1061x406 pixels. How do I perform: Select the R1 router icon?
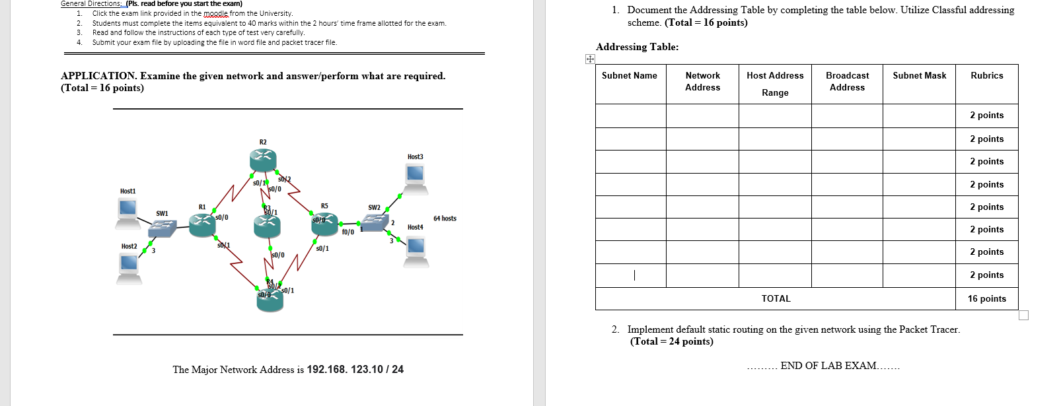point(202,225)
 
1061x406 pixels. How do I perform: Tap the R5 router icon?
point(325,224)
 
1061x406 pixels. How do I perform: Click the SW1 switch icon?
point(162,228)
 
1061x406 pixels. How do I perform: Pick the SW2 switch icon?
point(374,222)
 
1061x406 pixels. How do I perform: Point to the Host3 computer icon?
point(415,176)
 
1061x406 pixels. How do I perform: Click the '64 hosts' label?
point(445,219)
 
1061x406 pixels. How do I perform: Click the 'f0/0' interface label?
point(348,232)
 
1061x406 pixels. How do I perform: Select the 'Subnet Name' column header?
point(629,76)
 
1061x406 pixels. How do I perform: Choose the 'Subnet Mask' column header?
point(919,76)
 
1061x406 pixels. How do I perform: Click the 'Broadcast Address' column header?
point(847,81)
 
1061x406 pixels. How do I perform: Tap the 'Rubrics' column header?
point(986,76)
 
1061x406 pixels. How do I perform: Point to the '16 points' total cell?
point(986,299)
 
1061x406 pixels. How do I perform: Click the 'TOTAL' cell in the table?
point(776,299)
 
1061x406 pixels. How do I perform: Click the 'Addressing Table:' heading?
point(637,47)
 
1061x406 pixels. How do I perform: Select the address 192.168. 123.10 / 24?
point(355,370)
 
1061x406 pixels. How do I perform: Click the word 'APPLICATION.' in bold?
point(98,76)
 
